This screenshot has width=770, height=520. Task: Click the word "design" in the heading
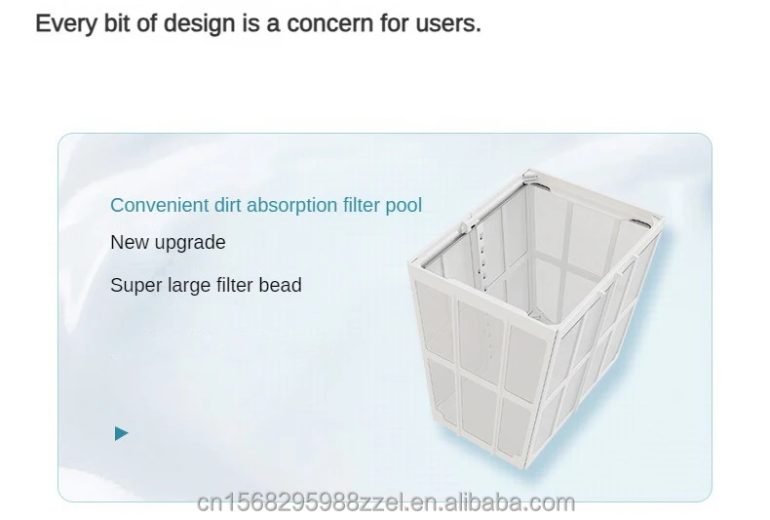click(200, 24)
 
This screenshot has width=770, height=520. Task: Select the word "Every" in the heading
click(66, 24)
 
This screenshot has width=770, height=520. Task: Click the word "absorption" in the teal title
click(292, 206)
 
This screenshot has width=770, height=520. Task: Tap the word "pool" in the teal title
click(404, 206)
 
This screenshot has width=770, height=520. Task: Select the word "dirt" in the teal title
click(228, 205)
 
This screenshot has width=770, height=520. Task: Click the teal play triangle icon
click(121, 433)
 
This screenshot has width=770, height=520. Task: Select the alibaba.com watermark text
click(386, 502)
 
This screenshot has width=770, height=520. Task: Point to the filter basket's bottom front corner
click(526, 466)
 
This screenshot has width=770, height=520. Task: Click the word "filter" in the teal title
click(362, 205)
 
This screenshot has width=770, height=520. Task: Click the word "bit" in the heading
click(117, 23)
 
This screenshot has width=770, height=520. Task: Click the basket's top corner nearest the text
click(411, 264)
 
